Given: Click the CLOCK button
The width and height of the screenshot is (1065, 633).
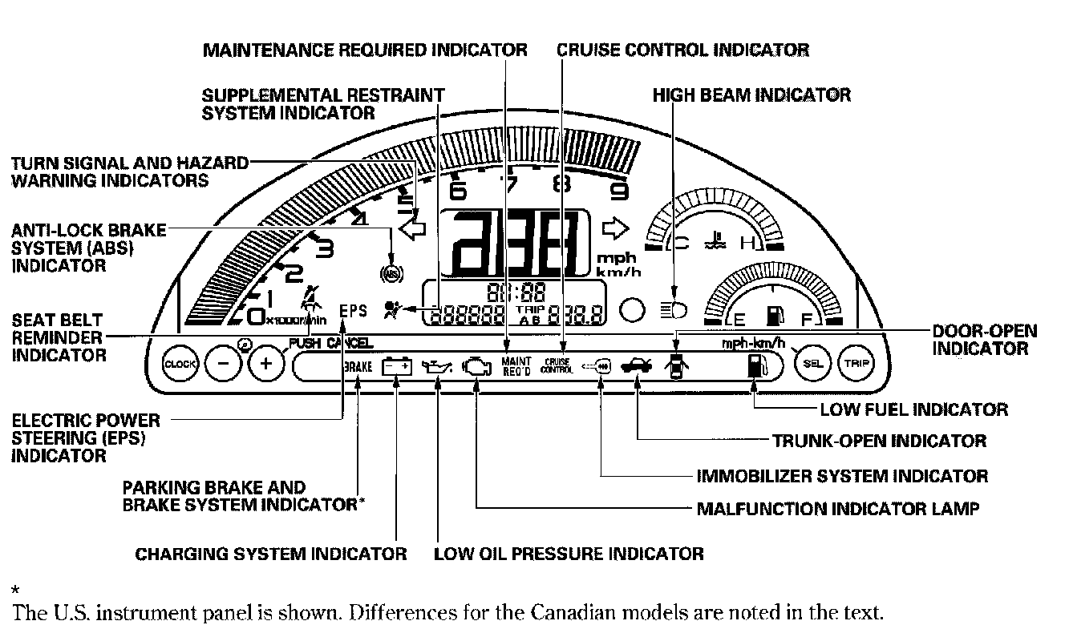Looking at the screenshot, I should coord(179,365).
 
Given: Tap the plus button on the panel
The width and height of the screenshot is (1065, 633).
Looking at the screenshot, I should coord(267,365).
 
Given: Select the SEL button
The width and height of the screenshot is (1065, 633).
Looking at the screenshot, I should coord(813,365).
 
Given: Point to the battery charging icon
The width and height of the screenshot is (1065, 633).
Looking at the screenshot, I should coord(397,367).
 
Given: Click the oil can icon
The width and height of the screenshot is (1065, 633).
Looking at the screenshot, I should coord(438,368).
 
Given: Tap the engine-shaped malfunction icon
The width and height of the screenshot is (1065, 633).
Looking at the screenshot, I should coord(476,367).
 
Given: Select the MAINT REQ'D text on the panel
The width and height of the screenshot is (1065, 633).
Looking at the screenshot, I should coord(517,366).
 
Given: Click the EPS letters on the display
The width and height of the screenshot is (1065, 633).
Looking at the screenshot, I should coord(353,309).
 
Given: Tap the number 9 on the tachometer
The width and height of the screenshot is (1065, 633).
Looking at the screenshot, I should coord(619,191).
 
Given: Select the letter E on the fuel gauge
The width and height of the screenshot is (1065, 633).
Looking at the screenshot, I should coord(739,319).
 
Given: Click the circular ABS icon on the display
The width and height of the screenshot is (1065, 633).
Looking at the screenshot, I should coord(391,273).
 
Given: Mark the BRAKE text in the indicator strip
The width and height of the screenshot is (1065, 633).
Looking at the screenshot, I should coord(357,367).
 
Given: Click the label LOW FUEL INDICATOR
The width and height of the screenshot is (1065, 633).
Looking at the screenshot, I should coord(913,409).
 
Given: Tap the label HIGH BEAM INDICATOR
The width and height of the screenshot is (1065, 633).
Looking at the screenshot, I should coord(751,95).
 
